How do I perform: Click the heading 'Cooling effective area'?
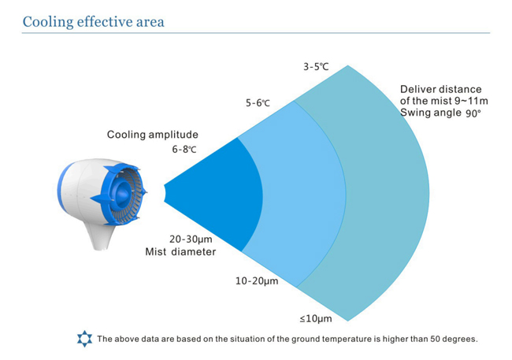pyautogui.click(x=93, y=22)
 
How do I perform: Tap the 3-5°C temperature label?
pyautogui.click(x=316, y=67)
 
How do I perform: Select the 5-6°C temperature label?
pyautogui.click(x=258, y=103)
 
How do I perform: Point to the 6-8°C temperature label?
pyautogui.click(x=184, y=150)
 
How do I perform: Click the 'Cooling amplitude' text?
pyautogui.click(x=153, y=135)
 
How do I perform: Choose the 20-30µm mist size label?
pyautogui.click(x=191, y=239)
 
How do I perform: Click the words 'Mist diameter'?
pyautogui.click(x=180, y=252)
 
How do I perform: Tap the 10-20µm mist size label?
pyautogui.click(x=257, y=281)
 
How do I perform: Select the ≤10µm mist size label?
pyautogui.click(x=316, y=318)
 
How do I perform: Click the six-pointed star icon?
pyautogui.click(x=84, y=339)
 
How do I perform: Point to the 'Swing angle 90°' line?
pyautogui.click(x=440, y=113)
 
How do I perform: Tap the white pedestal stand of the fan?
pyautogui.click(x=101, y=236)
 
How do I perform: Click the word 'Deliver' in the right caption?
pyautogui.click(x=417, y=89)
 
